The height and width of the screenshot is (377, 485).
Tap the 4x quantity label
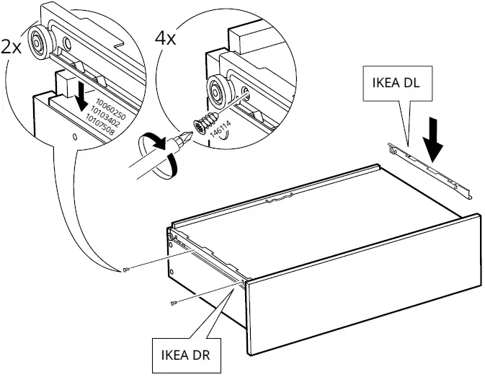[166, 37]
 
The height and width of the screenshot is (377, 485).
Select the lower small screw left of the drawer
[173, 303]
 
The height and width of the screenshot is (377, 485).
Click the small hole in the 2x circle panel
[74, 135]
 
